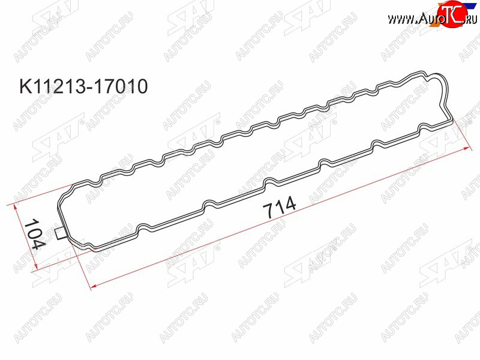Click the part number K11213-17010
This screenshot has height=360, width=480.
click(x=83, y=86)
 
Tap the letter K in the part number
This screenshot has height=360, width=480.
click(x=25, y=86)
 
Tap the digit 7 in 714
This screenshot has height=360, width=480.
click(x=268, y=211)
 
